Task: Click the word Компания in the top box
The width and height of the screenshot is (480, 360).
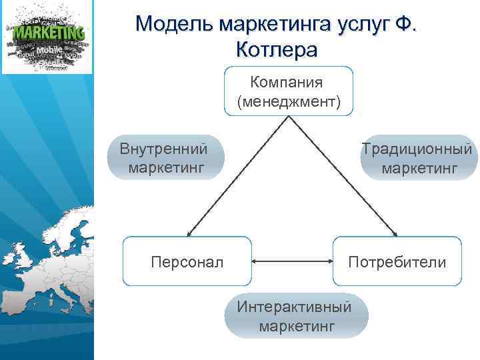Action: coord(287,83)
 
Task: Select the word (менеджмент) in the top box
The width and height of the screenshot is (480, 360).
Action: coord(288,101)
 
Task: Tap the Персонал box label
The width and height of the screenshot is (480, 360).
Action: coord(187,262)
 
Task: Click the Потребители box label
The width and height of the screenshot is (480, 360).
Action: coord(397,262)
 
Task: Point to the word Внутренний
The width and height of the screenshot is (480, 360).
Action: coord(164,148)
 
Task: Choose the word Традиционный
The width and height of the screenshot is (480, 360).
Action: coord(417,148)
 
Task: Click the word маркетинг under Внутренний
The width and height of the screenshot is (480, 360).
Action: coord(166,167)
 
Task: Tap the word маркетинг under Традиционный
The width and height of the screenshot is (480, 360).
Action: coord(419,167)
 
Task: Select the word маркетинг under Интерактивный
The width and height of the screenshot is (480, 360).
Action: coord(297,327)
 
